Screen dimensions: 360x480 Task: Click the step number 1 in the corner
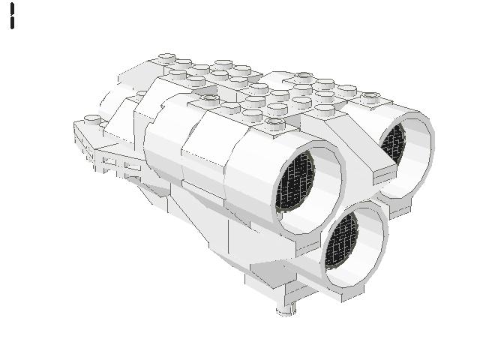tap(13, 16)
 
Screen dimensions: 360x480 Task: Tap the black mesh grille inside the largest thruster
tap(295, 184)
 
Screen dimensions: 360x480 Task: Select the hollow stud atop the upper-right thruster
tap(370, 97)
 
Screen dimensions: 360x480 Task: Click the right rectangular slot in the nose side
tap(130, 166)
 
